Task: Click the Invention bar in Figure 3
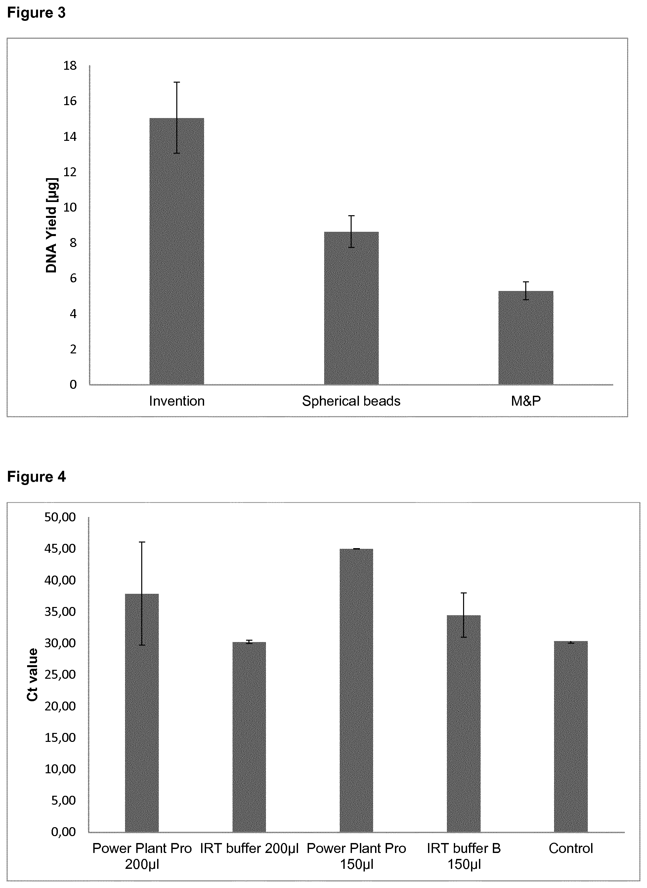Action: pos(177,251)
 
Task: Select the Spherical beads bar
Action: pos(351,308)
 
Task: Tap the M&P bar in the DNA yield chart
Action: pos(526,338)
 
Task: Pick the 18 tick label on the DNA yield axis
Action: pos(70,66)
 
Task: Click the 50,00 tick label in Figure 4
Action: pos(60,517)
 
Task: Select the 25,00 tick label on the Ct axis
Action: pos(60,674)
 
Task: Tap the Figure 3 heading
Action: pos(36,13)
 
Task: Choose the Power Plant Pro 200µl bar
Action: pos(142,713)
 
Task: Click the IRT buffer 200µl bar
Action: pos(249,737)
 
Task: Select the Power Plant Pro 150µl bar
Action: pos(356,691)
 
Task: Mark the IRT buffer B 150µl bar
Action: pos(464,724)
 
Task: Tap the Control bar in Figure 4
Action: pos(571,737)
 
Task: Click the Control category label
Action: pos(571,848)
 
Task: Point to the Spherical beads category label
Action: pos(351,401)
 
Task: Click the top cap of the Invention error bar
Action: pos(177,82)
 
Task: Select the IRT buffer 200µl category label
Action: pos(249,848)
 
